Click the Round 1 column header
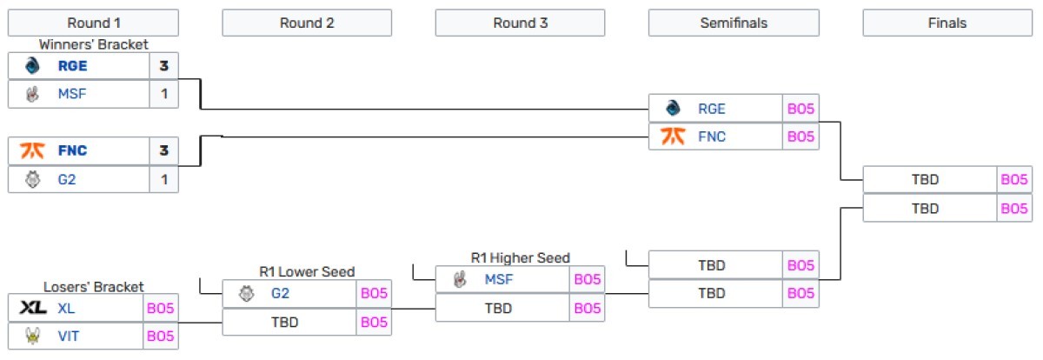coord(93,23)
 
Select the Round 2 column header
coord(307,23)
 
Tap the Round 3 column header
coord(520,23)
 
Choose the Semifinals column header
coord(734,23)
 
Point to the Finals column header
coord(947,23)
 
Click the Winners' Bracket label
coord(93,44)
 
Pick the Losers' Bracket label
coord(93,286)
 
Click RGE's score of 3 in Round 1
coord(163,66)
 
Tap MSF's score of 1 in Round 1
coord(163,94)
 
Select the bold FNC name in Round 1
coord(73,150)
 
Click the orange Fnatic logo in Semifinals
coord(673,137)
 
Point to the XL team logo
coord(32,308)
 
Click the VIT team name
coord(69,336)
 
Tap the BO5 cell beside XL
coord(161,308)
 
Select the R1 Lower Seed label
coord(307,272)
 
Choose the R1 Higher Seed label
coord(520,258)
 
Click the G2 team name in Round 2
coord(280,294)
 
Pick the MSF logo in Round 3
coord(460,280)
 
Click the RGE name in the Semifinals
coord(711,109)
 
